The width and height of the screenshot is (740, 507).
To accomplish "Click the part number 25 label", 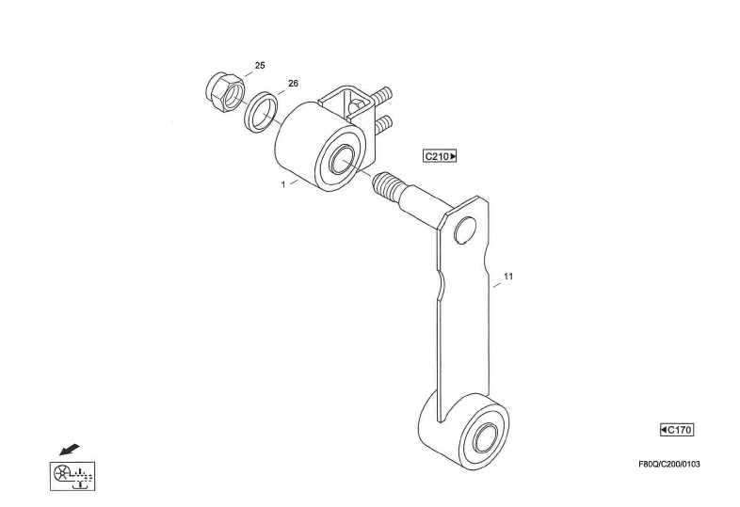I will point(260,66).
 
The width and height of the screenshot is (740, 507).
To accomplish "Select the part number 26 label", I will point(293,84).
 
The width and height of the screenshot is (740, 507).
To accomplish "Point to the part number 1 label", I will point(282,184).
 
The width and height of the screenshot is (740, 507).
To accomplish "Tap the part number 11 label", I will point(508,277).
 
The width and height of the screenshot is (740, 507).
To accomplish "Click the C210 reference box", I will point(440,156).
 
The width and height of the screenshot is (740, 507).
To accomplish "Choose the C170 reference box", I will point(677,430).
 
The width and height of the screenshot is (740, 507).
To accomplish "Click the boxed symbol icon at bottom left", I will point(72,475).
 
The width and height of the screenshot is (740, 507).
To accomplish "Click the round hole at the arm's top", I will point(463,231).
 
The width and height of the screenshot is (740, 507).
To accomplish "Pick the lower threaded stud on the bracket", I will point(383,124).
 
